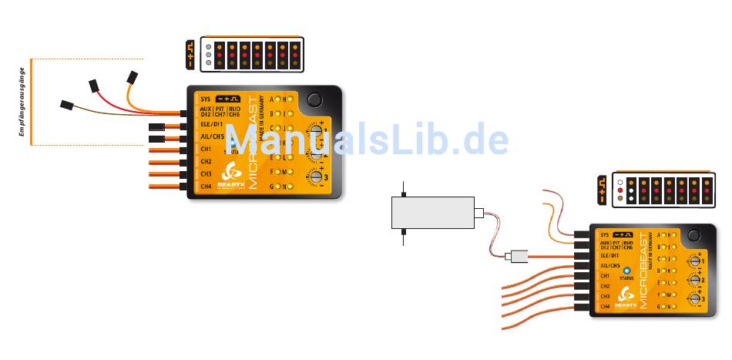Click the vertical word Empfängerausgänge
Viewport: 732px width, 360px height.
pos(23,102)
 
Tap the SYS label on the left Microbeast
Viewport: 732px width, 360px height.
pos(205,99)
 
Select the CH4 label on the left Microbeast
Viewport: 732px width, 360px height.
pos(206,186)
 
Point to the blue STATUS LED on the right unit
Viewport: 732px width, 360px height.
pos(626,269)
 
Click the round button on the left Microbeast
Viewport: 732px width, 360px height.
pos(314,99)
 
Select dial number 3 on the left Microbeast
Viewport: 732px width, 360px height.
pos(315,177)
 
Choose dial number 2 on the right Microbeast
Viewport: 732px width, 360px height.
pos(694,280)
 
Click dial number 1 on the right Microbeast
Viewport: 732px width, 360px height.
pos(694,261)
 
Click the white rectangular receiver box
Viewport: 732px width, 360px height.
pos(432,212)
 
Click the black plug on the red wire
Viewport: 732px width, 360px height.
pos(96,84)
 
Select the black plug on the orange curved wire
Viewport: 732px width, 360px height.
pos(132,78)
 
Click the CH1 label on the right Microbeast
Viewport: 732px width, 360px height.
pos(604,275)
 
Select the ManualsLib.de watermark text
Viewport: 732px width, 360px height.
pos(366,140)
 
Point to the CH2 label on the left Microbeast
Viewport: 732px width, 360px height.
pos(206,161)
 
